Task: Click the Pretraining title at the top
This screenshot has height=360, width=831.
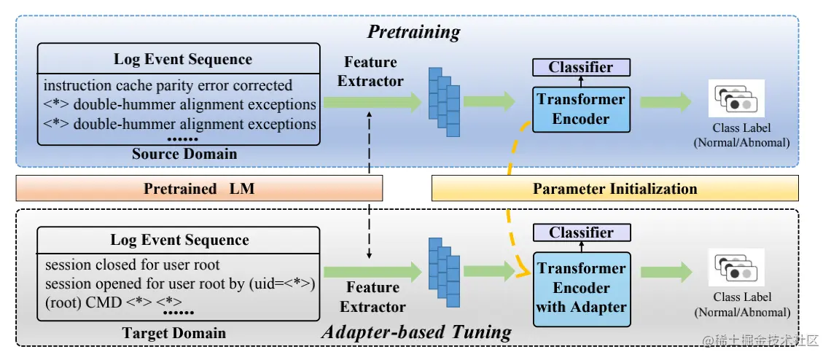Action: point(414,32)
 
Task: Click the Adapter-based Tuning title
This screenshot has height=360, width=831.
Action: point(416,332)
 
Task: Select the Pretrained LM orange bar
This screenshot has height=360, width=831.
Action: point(199,189)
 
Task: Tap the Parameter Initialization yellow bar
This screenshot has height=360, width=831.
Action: point(615,189)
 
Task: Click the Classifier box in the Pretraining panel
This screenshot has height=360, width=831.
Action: point(581,67)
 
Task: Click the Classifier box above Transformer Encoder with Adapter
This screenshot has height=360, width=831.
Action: point(582,232)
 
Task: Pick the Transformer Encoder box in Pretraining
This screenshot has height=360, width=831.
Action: point(581,109)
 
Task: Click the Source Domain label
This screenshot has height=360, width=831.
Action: point(184,154)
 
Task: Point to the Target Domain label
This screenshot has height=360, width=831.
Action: point(173,333)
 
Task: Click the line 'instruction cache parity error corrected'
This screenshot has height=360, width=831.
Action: point(168,85)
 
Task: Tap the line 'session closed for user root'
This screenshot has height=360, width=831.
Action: point(133,264)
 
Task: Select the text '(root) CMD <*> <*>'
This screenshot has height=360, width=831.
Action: point(114,302)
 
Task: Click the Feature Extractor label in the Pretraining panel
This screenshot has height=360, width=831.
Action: point(370,71)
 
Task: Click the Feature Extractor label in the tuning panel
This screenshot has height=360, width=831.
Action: point(372,297)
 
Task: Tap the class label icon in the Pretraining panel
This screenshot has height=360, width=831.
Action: point(736,98)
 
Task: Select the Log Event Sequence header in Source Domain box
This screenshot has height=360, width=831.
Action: point(183,59)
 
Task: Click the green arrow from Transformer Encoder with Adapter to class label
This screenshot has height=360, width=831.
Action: point(666,272)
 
